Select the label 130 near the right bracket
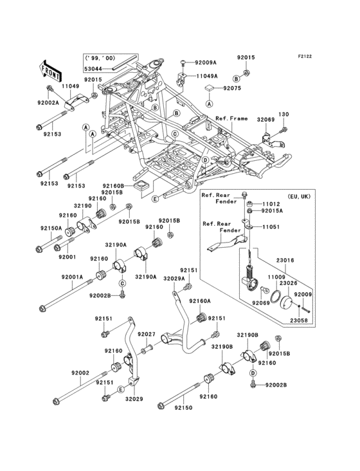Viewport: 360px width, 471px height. point(283,115)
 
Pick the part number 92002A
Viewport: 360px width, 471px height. point(48,102)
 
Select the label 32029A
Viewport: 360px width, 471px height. point(174,278)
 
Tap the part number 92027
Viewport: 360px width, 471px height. point(148,334)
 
